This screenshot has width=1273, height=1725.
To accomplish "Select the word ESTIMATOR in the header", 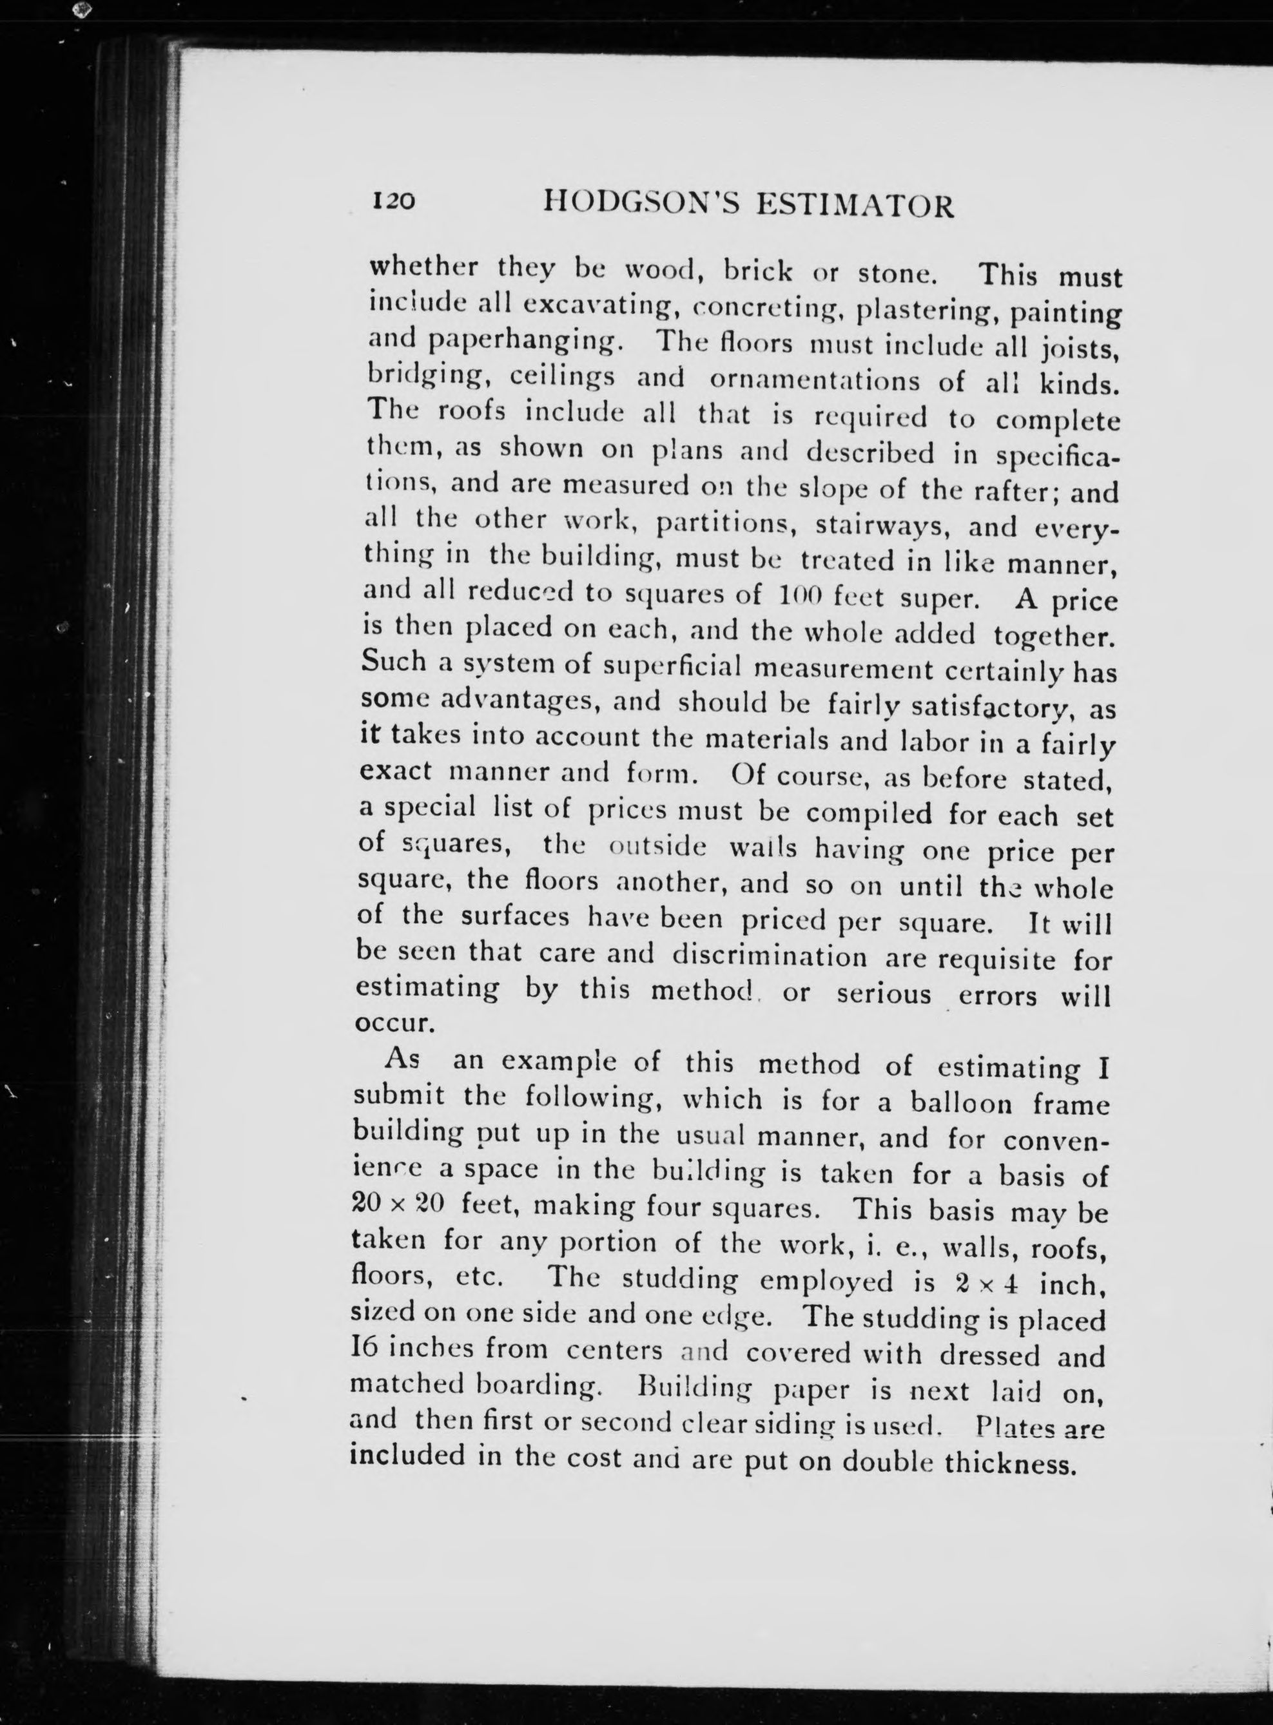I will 856,206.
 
